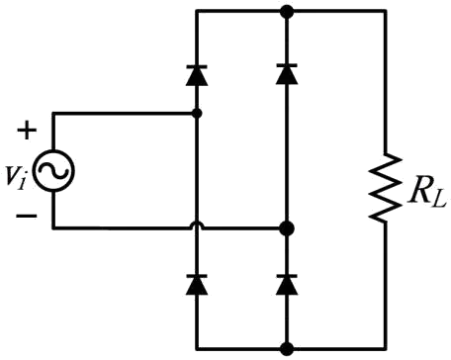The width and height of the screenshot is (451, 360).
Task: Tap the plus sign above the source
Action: pos(27,131)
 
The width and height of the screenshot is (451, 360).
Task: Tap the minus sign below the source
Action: pos(27,216)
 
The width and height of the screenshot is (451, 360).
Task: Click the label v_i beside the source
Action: pos(16,177)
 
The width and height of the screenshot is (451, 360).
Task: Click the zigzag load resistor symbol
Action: pos(385,187)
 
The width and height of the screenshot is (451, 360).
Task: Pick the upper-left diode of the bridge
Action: pos(197,75)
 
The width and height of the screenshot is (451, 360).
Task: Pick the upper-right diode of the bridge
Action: pos(287,74)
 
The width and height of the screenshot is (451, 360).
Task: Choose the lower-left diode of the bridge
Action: pos(197,284)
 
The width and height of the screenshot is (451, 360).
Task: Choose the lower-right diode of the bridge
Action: pos(287,284)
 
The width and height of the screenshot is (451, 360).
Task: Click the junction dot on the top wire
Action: pos(287,12)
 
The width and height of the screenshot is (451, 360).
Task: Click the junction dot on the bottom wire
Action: pos(287,348)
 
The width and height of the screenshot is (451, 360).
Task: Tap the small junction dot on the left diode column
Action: pos(197,114)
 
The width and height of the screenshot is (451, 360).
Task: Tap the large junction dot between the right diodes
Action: pos(287,228)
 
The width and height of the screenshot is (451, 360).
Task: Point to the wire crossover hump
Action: pos(197,225)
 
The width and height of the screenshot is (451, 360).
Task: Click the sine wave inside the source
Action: pos(53,171)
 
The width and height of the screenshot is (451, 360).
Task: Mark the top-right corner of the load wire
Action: pos(385,12)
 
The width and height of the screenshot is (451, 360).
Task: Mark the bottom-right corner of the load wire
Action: pos(385,348)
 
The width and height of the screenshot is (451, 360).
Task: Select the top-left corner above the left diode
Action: pos(197,12)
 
